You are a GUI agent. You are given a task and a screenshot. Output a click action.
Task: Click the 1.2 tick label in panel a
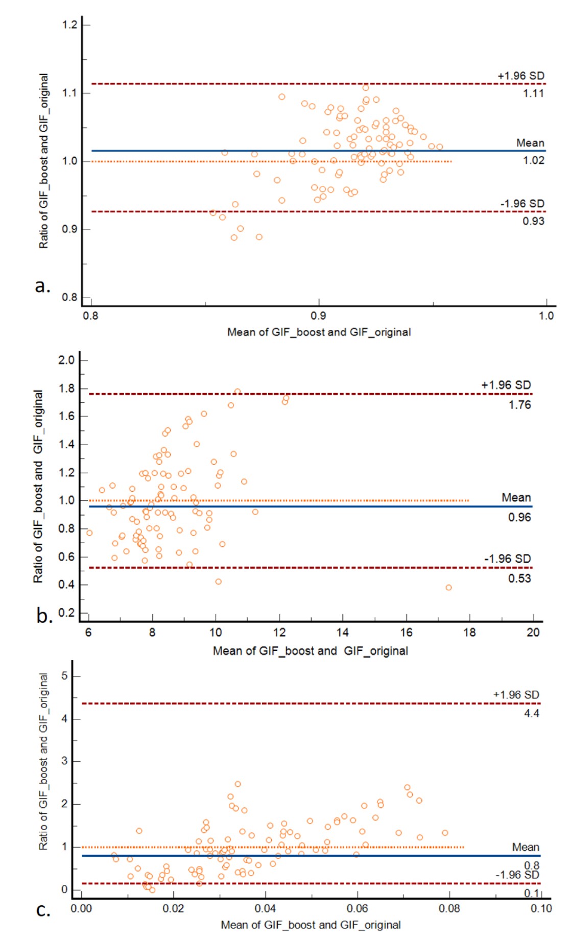[69, 25]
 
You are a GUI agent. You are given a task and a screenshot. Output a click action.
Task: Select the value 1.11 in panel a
[533, 93]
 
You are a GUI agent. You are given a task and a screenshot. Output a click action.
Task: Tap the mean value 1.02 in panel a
[533, 160]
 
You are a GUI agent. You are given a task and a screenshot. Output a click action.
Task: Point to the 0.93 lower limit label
[533, 221]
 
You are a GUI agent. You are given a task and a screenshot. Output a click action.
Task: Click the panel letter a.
[42, 285]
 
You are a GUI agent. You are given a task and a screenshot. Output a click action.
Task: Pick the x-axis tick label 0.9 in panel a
[318, 316]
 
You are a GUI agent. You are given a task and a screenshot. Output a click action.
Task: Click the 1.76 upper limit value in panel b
[519, 405]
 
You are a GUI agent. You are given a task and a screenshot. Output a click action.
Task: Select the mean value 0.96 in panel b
[519, 517]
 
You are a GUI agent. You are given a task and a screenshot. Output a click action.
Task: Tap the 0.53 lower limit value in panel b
[519, 578]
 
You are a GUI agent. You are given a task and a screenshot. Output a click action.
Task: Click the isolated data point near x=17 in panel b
[448, 588]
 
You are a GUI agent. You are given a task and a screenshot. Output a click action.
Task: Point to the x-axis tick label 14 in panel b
[342, 633]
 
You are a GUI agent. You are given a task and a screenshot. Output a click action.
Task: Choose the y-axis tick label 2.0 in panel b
[66, 360]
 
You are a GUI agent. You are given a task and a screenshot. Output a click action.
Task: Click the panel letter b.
[44, 616]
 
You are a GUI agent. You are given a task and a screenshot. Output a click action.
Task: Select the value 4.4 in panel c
[531, 713]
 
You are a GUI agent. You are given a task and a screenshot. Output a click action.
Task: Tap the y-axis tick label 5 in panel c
[64, 676]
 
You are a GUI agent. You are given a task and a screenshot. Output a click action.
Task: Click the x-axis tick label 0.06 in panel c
[357, 908]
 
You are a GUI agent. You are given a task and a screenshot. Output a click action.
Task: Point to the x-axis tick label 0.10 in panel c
[541, 908]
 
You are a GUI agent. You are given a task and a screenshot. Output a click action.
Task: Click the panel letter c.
[43, 909]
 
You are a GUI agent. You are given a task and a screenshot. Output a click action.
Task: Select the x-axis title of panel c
[311, 925]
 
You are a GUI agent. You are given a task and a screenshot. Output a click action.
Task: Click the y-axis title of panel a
[44, 161]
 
